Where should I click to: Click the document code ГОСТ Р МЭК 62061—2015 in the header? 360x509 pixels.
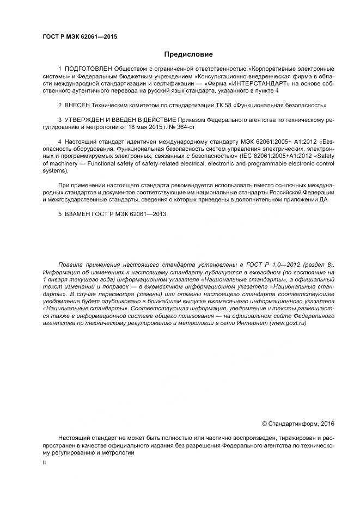coord(80,37)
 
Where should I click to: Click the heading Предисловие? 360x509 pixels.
coord(188,54)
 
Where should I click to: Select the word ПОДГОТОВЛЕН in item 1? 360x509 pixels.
coord(88,69)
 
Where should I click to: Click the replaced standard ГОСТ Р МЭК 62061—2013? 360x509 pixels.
coord(132,214)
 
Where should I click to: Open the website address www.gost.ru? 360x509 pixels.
coord(287,323)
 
